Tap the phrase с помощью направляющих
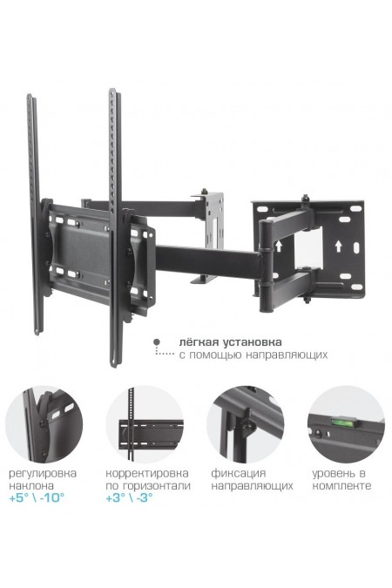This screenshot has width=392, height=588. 253,355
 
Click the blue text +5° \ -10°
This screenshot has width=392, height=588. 37,498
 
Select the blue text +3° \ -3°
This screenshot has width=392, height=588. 130,498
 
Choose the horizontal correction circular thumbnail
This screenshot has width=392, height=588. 145,424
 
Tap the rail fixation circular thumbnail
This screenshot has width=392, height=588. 246,424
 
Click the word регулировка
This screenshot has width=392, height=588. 43,473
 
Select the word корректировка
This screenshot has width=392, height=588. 147,473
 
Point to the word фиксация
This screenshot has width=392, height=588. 238,473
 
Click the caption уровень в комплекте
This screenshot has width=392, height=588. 341,479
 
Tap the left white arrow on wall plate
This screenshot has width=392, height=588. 279,247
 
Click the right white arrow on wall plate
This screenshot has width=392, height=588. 338,247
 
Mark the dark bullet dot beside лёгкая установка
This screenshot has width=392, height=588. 157,341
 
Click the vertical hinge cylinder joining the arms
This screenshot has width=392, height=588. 265,267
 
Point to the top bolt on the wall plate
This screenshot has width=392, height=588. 306,198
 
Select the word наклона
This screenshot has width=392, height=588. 31,485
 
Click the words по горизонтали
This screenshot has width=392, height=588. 148,486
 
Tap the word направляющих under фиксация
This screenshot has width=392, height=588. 252,486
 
